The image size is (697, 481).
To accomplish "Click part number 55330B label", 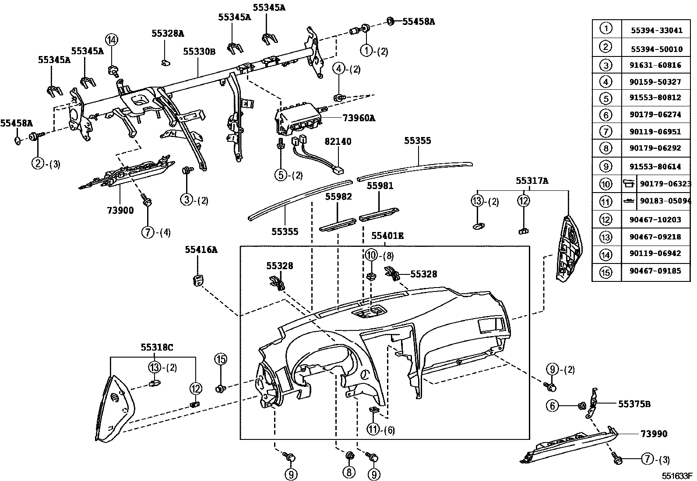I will coord(199,51).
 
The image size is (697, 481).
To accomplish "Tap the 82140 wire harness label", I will coord(338,142).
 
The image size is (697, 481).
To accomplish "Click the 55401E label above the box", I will coord(387,236).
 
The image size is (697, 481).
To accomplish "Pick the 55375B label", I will coord(634,404).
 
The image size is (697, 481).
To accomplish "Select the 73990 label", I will coord(654,434).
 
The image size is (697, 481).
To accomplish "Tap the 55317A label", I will coord(532,180).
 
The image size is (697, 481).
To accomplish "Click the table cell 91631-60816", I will coord(655,65).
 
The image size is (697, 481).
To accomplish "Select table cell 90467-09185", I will coord(655,271).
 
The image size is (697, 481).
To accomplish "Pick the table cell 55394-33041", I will coord(655,31).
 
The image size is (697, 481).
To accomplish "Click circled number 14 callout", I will coord(112,40).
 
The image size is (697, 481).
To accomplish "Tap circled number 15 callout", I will coord(220,359).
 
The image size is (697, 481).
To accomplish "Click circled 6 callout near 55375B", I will coord(553,406).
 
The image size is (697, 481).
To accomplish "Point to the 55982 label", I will coord(338,197).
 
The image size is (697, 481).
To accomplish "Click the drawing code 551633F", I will coord(676,475).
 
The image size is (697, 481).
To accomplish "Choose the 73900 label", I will coord(120,210).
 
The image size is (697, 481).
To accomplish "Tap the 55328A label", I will coord(168,33).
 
